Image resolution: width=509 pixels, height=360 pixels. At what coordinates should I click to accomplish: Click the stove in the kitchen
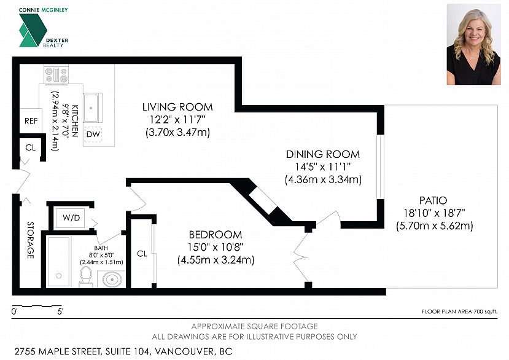[x=56, y=74]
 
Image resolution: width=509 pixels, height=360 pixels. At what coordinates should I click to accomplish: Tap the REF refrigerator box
[x=31, y=121]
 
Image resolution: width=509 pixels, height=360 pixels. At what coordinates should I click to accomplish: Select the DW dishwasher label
[x=93, y=134]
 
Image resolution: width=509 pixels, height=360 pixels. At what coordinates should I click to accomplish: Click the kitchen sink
[x=93, y=108]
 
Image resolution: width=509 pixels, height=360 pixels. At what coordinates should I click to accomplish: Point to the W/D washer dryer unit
[x=71, y=217]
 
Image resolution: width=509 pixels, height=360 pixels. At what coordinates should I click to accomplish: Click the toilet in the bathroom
[x=86, y=277]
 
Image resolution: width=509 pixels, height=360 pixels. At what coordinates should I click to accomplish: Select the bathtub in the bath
[x=59, y=262]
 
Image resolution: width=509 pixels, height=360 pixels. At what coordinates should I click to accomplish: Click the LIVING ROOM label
[x=177, y=107]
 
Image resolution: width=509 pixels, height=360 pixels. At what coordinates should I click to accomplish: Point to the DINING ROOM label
[x=323, y=154]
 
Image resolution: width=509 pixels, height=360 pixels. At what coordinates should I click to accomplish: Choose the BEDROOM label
[x=216, y=235]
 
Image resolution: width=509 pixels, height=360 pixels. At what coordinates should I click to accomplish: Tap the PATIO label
[x=433, y=200]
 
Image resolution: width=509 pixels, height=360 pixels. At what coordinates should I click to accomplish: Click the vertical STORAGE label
[x=31, y=240]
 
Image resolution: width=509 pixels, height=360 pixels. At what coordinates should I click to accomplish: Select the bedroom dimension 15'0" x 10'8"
[x=216, y=247]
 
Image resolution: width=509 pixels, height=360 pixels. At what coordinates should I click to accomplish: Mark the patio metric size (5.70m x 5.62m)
[x=434, y=225]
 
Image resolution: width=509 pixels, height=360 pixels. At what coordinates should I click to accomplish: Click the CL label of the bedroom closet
[x=142, y=254]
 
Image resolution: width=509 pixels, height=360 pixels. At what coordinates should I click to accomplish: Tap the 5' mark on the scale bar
[x=60, y=312]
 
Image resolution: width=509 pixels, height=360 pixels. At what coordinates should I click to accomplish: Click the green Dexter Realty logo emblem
[x=33, y=30]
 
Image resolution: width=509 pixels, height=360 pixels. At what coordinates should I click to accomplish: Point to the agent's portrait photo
[x=473, y=44]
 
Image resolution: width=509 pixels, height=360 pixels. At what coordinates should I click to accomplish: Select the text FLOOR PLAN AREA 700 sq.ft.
[x=459, y=311]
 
